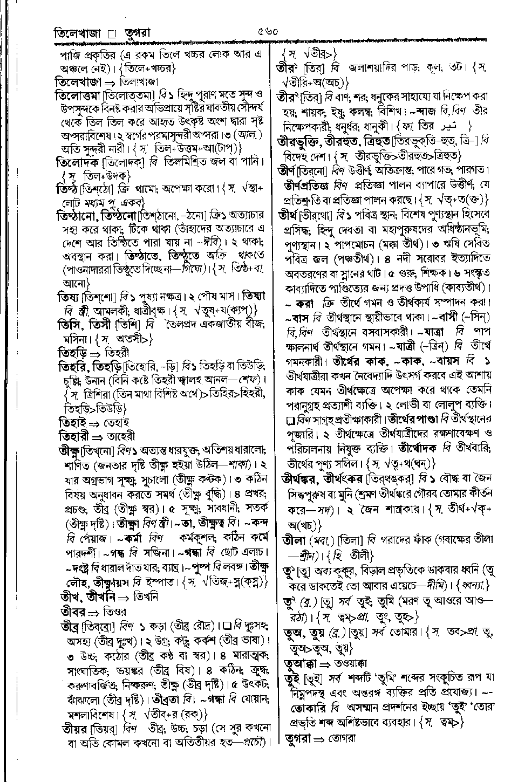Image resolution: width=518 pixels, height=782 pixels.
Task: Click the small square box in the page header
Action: click(113, 35)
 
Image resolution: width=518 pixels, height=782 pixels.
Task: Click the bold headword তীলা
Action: click(295, 539)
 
